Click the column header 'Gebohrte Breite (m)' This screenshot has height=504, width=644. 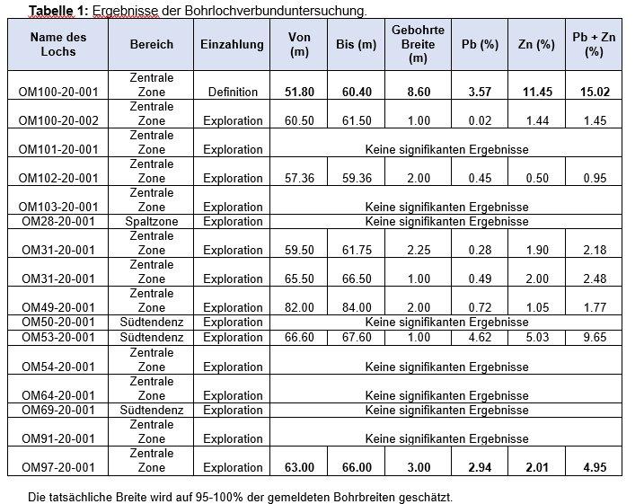click(x=418, y=44)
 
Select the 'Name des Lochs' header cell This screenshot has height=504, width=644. click(x=58, y=44)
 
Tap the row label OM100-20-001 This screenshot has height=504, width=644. click(x=58, y=92)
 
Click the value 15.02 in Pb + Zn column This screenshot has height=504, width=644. click(x=594, y=92)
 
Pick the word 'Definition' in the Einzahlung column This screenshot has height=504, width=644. click(x=233, y=92)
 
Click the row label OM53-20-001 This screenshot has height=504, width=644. click(x=58, y=338)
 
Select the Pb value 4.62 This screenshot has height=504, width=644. click(x=480, y=338)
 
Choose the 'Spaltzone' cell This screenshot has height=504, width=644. click(x=152, y=221)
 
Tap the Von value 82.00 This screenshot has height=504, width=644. click(x=299, y=307)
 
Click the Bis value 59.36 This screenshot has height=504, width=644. click(x=356, y=178)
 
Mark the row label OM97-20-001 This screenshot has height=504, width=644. click(x=58, y=467)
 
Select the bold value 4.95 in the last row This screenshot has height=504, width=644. click(x=594, y=467)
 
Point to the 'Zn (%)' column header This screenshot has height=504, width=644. click(x=537, y=44)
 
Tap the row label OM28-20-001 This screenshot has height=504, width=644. click(x=58, y=221)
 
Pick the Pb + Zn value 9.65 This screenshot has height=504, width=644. click(x=594, y=338)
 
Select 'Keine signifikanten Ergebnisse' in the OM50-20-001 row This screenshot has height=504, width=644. click(x=446, y=322)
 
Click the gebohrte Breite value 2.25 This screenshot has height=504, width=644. click(x=418, y=250)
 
